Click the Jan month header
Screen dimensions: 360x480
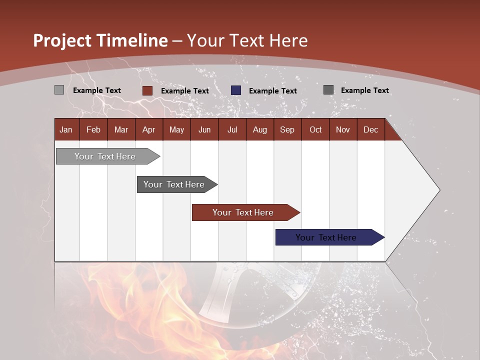click(66, 129)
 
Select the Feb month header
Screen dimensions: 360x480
click(93, 129)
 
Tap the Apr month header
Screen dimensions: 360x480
click(148, 129)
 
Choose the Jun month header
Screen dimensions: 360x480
click(204, 129)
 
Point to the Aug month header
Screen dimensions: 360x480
click(259, 129)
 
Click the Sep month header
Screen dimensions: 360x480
click(287, 129)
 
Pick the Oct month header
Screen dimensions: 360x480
click(315, 129)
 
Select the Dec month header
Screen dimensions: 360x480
click(370, 129)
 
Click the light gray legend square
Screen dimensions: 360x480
click(59, 90)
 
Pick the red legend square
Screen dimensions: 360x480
click(147, 90)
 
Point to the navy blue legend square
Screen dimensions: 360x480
click(236, 90)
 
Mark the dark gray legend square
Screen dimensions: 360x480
click(328, 90)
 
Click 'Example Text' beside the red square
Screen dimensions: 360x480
click(185, 91)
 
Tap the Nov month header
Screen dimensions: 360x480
click(342, 129)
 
